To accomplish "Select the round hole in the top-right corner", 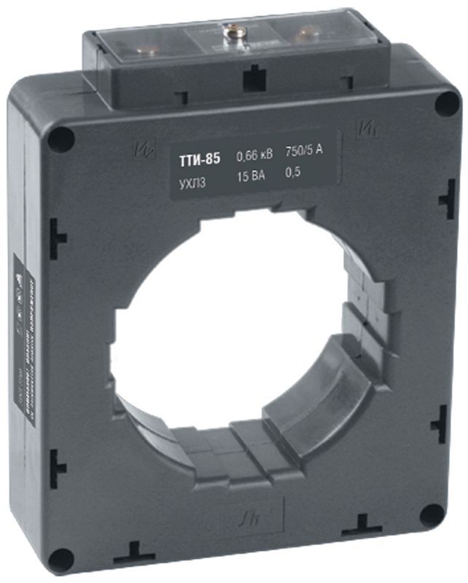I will coord(446,104).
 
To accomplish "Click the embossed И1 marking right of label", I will coord(365,130).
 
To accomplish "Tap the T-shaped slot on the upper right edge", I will coord(445,197).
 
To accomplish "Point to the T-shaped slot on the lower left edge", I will coord(58,461).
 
